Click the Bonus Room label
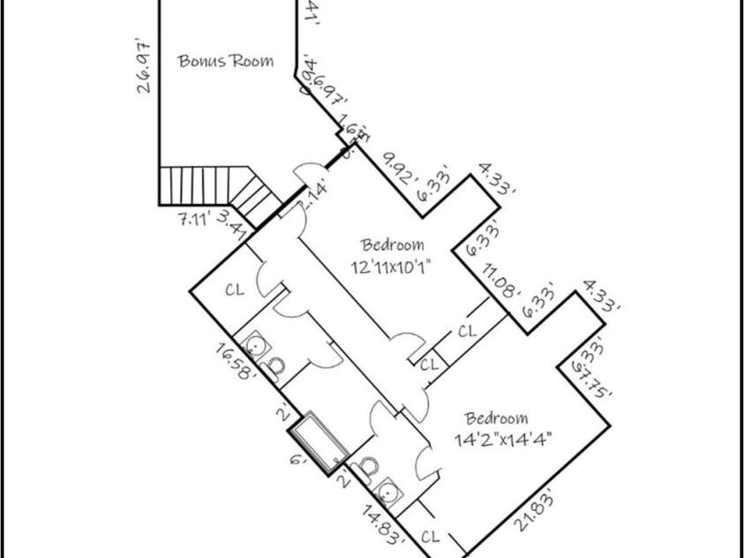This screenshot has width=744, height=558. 225,61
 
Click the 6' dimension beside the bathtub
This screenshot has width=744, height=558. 298,457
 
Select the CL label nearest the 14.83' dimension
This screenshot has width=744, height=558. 432,535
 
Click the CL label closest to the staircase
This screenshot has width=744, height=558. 234,289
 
